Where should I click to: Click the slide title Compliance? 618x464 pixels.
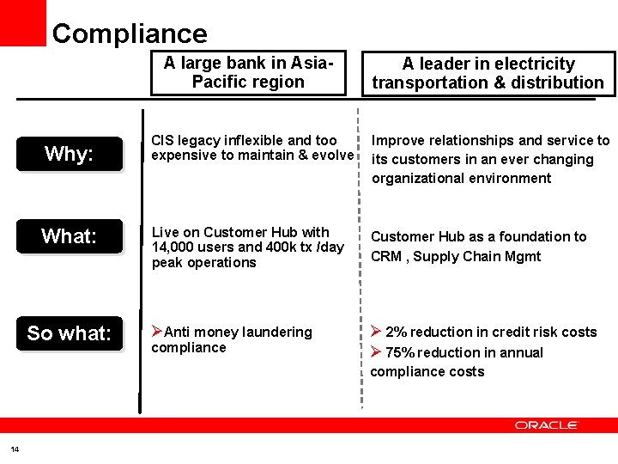[130, 34]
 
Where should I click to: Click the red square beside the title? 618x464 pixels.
[23, 21]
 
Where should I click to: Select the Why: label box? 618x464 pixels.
[69, 154]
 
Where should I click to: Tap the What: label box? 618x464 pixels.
[69, 236]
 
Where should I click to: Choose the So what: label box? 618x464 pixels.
[69, 333]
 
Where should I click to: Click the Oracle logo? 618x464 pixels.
[546, 425]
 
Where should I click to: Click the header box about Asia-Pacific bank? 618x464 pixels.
[248, 72]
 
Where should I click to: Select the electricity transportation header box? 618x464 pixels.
[488, 73]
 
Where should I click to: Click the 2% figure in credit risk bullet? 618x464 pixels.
[395, 333]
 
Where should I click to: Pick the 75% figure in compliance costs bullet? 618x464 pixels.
[399, 352]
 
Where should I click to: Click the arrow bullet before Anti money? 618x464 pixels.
[157, 332]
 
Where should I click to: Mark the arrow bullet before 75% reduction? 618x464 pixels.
[376, 352]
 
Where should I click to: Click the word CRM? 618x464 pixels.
[385, 256]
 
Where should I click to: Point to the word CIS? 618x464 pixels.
[162, 140]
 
